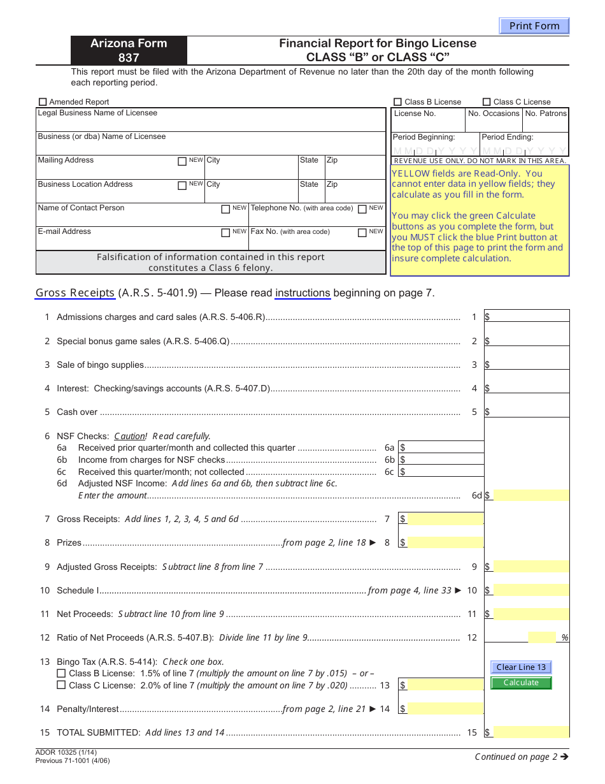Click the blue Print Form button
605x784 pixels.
coord(534,26)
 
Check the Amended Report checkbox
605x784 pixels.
coord(43,101)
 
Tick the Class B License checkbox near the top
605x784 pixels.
coord(398,101)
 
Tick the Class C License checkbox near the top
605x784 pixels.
coord(487,101)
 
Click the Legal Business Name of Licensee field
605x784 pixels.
coord(211,123)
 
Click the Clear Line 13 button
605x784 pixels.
coord(521,667)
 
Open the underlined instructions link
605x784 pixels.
coord(302,293)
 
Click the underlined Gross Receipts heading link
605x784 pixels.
coord(75,293)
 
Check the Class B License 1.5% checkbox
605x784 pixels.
coord(61,673)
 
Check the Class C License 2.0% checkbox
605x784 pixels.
coord(61,685)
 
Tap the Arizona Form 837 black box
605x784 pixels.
coord(129,50)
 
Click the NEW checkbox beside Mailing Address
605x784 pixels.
coord(182,161)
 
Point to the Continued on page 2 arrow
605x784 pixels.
coord(564,757)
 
